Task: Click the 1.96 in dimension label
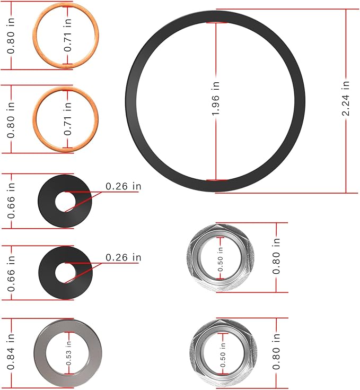[216, 101]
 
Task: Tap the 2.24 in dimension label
[346, 99]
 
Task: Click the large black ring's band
[132, 101]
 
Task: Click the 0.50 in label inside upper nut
[221, 259]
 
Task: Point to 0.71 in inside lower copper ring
[68, 119]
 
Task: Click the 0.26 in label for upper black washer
[124, 186]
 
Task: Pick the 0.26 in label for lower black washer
[124, 257]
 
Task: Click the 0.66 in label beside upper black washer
[11, 201]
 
